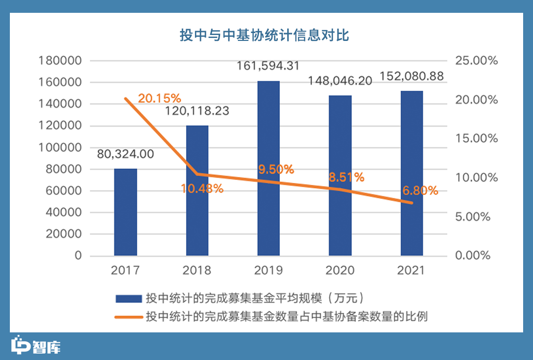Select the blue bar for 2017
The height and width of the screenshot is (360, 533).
pos(125,212)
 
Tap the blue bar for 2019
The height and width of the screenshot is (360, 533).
pos(268,168)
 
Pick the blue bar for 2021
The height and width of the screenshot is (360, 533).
pos(412,173)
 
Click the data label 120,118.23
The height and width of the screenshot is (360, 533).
pos(197,111)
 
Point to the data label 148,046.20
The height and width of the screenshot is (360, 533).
pos(340,80)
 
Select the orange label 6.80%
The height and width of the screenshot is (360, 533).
pos(420,190)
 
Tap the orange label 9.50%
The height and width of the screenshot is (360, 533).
pos(276,170)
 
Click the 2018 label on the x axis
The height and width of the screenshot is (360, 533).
pos(197,270)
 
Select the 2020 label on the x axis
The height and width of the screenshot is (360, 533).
pos(340,270)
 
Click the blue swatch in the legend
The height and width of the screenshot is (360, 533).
pos(128,299)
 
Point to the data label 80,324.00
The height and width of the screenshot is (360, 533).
pos(125,154)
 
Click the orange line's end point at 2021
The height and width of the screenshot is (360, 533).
pos(411,203)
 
